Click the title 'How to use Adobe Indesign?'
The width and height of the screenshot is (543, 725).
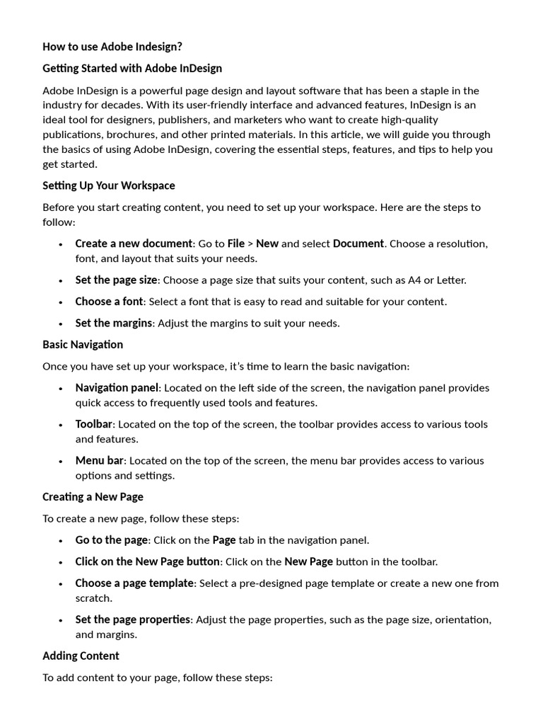(112, 47)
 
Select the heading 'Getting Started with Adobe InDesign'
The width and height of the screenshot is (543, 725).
(132, 69)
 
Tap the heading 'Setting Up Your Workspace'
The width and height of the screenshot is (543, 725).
(109, 185)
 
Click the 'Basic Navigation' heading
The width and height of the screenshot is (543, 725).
(83, 345)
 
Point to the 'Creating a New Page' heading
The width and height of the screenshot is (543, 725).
(93, 497)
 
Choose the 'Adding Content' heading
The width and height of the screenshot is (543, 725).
(81, 656)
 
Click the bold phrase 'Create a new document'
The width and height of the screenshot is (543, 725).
(134, 244)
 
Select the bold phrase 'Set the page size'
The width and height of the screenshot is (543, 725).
(116, 280)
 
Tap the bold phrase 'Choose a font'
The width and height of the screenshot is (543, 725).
(109, 302)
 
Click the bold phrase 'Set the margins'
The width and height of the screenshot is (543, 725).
(113, 323)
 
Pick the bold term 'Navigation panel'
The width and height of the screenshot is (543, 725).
(117, 388)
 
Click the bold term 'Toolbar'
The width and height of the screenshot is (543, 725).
(94, 424)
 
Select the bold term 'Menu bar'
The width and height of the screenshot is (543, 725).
(100, 460)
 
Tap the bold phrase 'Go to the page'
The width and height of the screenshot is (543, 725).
(112, 540)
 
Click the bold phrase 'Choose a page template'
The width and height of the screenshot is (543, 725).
(134, 583)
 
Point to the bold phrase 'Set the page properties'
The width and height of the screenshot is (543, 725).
(133, 620)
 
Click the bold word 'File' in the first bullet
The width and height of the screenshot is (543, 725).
(236, 244)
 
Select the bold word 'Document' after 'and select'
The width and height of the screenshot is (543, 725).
(358, 244)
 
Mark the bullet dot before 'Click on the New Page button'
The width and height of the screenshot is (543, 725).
(59, 562)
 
